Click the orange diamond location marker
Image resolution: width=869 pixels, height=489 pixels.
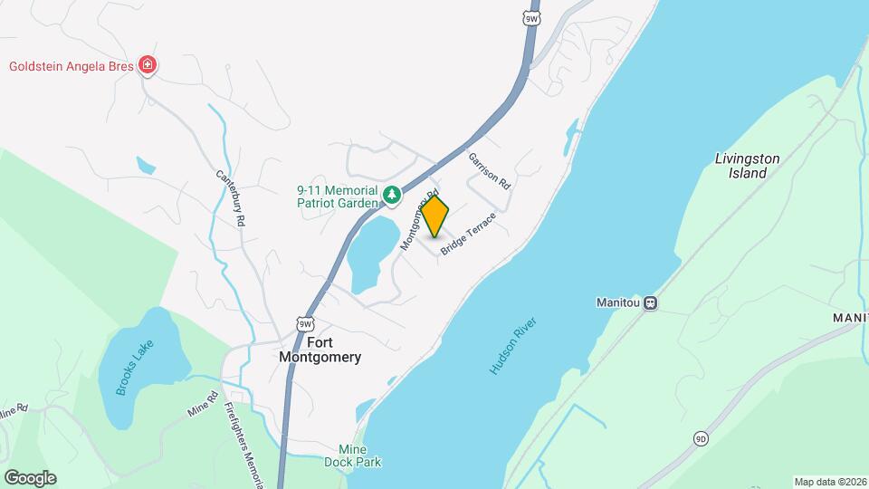435,216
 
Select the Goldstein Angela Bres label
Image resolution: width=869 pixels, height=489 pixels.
71,66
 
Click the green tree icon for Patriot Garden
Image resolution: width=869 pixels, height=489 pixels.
392,194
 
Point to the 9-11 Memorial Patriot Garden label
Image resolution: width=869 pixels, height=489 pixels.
336,197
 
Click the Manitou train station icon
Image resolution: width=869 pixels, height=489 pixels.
650,303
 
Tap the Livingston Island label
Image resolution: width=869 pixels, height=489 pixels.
747,165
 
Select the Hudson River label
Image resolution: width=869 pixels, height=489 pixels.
513,346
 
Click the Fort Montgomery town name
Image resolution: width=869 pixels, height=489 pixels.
320,350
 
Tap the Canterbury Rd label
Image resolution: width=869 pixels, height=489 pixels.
232,198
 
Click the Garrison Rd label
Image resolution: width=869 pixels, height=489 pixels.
491,169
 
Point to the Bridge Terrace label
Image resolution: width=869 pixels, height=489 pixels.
469,234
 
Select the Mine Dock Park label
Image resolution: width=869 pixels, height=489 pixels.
359,455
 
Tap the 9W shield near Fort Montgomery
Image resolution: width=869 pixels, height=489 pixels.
305,323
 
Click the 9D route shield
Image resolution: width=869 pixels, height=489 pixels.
701,439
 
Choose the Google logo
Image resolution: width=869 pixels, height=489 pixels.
30,477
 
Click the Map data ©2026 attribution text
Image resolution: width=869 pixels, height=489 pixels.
829,482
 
